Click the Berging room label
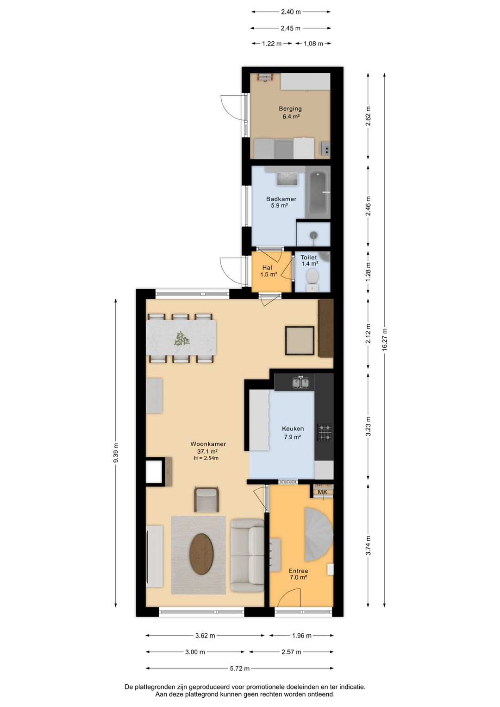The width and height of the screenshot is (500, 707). point(290,108)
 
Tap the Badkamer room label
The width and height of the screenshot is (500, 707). point(281,199)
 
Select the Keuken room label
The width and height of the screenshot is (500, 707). point(293,429)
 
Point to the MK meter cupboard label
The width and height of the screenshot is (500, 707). point(322,492)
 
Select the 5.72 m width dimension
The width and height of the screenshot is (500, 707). point(240,668)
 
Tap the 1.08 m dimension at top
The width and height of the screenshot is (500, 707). point(313,44)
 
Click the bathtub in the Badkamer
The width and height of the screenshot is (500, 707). point(319,193)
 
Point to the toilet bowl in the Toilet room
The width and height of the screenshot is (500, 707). point(312,277)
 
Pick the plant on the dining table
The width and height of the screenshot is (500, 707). point(181,338)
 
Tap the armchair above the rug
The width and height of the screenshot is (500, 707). point(206,499)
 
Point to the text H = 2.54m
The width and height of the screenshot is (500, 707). point(206,458)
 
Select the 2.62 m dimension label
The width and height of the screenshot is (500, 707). point(368,116)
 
